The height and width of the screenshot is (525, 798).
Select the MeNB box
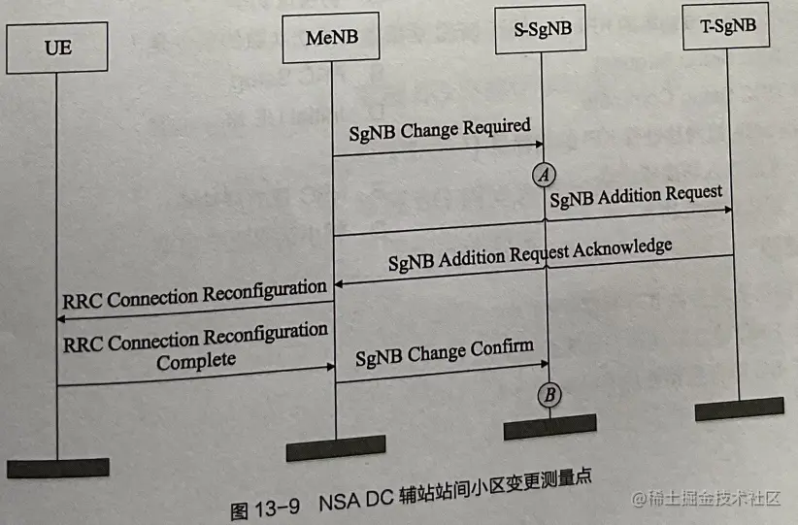pos(331,39)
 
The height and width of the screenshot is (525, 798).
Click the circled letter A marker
pos(545,175)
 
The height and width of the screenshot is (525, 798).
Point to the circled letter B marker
pos(549,394)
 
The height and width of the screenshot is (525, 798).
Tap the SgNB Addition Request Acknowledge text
pos(530,254)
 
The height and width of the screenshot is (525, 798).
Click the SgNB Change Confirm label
pos(445,347)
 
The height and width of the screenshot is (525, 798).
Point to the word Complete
pos(196,360)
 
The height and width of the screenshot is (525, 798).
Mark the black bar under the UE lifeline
pos(58,468)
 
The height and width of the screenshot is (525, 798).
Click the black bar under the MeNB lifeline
pos(335,447)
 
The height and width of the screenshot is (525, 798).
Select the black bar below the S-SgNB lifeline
pos(549,426)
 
